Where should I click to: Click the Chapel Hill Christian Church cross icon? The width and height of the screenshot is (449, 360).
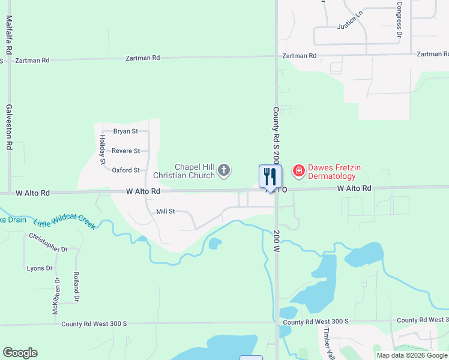click(224, 171)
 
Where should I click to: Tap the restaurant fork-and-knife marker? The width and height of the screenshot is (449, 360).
click(270, 176)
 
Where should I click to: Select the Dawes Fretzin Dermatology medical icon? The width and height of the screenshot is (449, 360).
click(298, 172)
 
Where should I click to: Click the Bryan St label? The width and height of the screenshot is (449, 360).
click(125, 131)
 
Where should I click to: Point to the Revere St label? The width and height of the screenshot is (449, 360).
click(125, 151)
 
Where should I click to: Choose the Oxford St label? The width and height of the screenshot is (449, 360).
click(125, 170)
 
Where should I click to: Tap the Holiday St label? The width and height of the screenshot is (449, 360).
click(102, 149)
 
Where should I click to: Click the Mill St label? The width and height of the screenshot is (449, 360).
click(165, 211)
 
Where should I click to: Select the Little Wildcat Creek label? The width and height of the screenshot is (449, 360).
click(64, 223)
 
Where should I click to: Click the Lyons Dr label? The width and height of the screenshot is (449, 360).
click(40, 268)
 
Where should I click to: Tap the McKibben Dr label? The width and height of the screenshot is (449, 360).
click(55, 296)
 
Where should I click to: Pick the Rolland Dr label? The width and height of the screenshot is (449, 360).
click(76, 287)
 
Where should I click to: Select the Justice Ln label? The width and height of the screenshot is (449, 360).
click(350, 23)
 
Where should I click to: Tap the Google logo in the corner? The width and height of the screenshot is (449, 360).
click(20, 353)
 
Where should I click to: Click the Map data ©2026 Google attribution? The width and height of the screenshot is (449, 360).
click(412, 355)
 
